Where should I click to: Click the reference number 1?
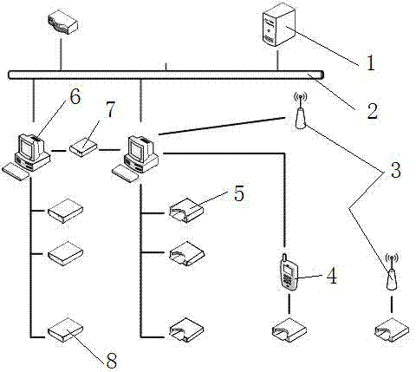(x=371, y=62)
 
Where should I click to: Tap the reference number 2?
(x=372, y=110)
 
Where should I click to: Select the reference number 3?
(x=395, y=170)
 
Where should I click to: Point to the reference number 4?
(x=332, y=276)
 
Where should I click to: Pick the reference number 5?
(x=239, y=193)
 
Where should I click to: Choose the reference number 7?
(x=109, y=110)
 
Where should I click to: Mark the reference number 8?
(x=112, y=361)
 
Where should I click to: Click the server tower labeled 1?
(x=279, y=25)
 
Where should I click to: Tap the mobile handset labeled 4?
(x=289, y=272)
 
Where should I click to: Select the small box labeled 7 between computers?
(x=83, y=147)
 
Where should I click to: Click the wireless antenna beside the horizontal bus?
(x=301, y=110)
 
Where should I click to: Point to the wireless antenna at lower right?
(x=392, y=271)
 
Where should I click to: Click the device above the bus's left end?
(x=63, y=23)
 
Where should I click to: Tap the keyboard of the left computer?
(x=16, y=172)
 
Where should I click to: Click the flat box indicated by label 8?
(x=65, y=330)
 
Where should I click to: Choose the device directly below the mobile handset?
(x=289, y=330)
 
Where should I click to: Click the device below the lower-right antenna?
(x=392, y=330)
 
